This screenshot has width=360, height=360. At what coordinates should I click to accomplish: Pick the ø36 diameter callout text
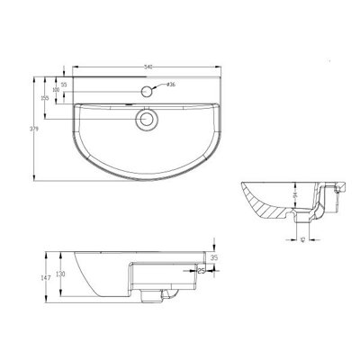[169, 85]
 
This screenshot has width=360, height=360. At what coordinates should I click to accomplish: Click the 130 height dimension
[61, 275]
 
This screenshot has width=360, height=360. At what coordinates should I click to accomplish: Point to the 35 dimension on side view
[215, 257]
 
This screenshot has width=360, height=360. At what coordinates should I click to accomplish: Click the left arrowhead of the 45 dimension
[298, 242]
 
